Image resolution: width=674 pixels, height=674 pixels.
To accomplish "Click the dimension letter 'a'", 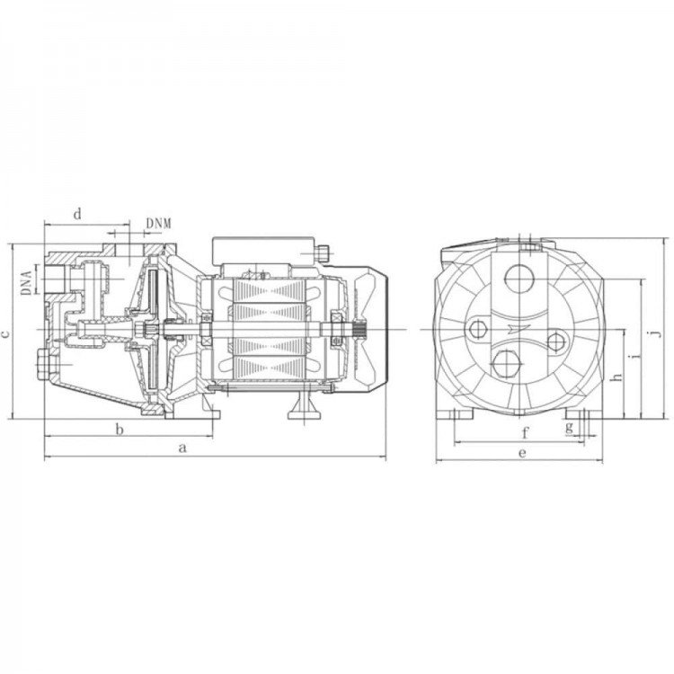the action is pyautogui.click(x=182, y=448).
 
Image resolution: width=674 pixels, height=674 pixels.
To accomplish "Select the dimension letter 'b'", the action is pyautogui.click(x=120, y=429).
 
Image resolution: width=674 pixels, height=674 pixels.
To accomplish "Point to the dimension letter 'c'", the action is pyautogui.click(x=5, y=333).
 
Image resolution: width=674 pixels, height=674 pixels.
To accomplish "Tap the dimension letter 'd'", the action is pyautogui.click(x=77, y=214).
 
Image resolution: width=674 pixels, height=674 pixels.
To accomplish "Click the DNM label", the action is pyautogui.click(x=158, y=224).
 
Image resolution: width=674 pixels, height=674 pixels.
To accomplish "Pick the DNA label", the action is pyautogui.click(x=27, y=282).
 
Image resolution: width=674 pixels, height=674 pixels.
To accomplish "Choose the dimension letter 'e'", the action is pyautogui.click(x=522, y=453).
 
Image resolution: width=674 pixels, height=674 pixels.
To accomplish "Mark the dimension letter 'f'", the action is pyautogui.click(x=525, y=433).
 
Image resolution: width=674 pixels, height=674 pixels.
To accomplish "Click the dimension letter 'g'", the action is pyautogui.click(x=570, y=427).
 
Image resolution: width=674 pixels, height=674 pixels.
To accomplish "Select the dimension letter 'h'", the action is pyautogui.click(x=617, y=376).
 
